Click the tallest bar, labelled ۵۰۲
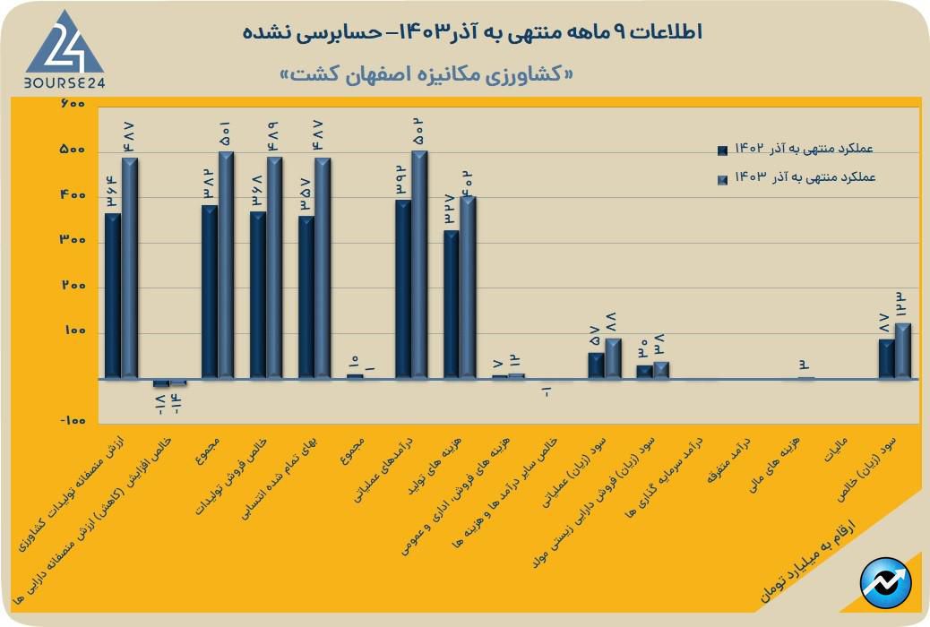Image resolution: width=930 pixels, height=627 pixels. (419, 264)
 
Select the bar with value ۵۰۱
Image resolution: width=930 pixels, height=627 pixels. (226, 265)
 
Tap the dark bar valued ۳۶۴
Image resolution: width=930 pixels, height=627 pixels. (112, 296)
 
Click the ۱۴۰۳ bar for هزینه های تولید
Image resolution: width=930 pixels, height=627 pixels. (468, 288)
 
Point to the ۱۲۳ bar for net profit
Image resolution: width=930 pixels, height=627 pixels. (902, 351)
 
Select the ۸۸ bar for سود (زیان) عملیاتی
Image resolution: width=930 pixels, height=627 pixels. (613, 358)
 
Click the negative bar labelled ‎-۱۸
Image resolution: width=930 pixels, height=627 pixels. (160, 383)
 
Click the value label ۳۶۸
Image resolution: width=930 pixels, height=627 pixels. (257, 193)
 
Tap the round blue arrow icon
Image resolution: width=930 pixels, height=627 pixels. (885, 583)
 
